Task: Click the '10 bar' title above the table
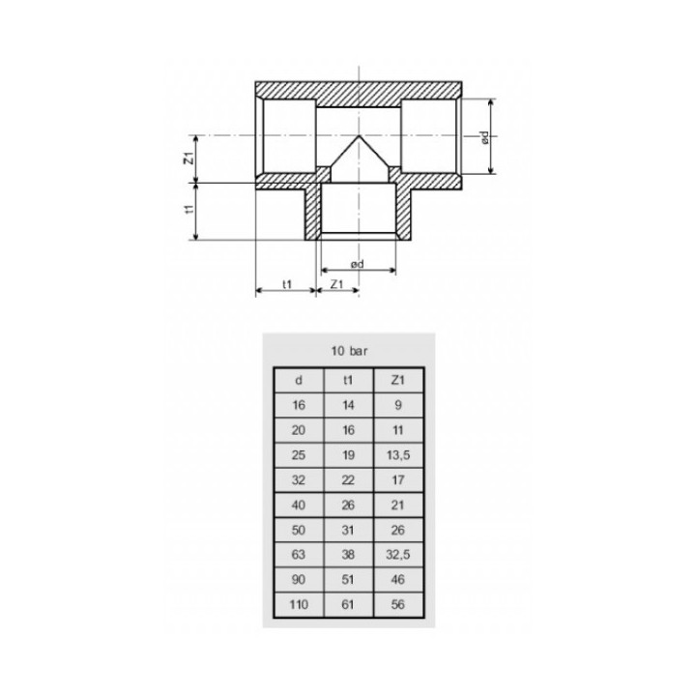(x=346, y=352)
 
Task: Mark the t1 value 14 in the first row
(x=347, y=405)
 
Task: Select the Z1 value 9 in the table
(x=397, y=405)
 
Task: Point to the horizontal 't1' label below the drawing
(x=286, y=284)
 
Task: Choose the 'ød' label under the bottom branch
(x=357, y=262)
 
